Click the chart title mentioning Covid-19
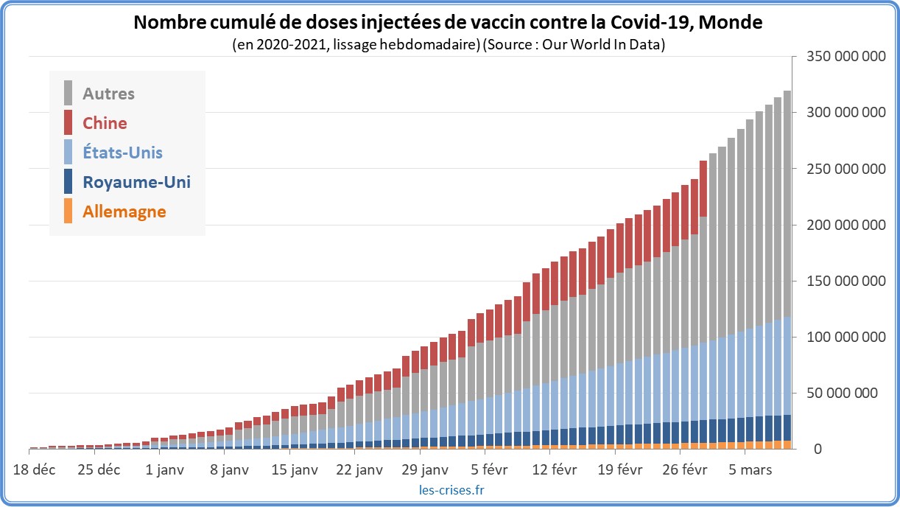coord(447,23)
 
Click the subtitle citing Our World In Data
coord(449,45)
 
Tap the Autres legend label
coord(108,94)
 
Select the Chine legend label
coord(105,123)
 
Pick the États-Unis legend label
coord(122,153)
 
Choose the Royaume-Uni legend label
coord(136,182)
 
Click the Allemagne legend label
coord(124,211)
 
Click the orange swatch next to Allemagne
coord(68,211)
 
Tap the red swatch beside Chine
coord(68,122)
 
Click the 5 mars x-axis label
coord(745,469)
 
